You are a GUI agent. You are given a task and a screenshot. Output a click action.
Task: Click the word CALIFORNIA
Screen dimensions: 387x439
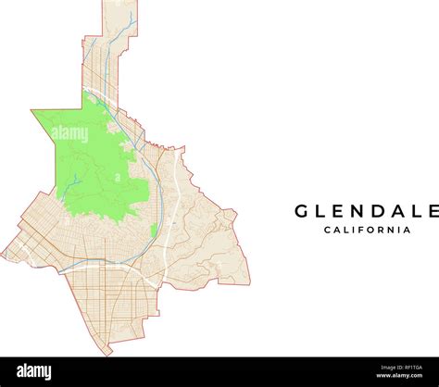[x=368, y=231]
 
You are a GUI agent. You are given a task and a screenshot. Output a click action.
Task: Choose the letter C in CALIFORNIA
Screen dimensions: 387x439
[x=327, y=231]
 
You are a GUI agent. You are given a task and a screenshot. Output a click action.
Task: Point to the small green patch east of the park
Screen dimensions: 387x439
[x=153, y=231]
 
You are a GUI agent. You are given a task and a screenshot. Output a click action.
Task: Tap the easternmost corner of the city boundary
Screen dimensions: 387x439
[x=249, y=283]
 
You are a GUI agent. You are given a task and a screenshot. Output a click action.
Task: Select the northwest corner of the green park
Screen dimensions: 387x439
[x=32, y=111]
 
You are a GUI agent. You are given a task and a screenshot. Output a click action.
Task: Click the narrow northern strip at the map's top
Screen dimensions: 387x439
[x=119, y=19]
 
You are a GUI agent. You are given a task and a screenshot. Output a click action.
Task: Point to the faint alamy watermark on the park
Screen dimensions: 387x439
[x=69, y=134]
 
